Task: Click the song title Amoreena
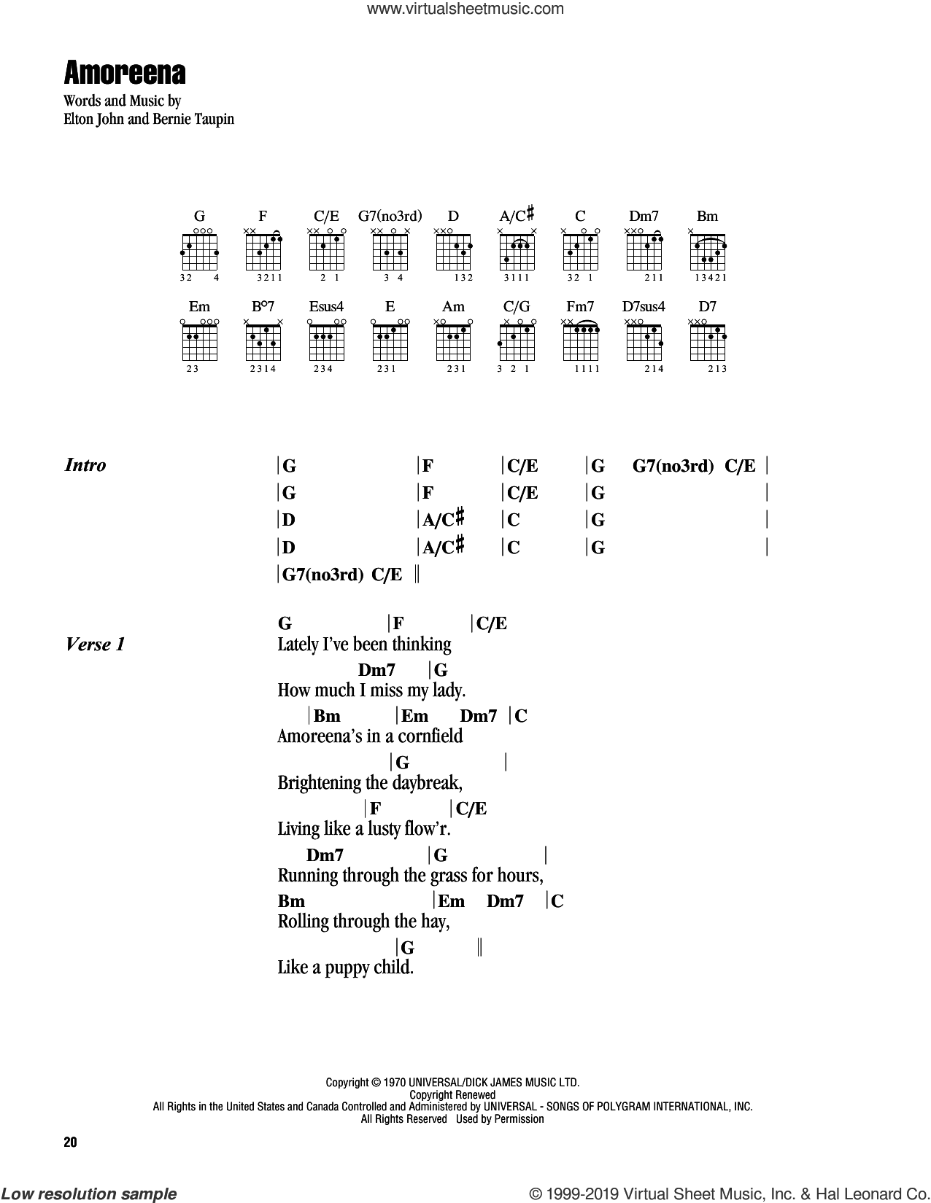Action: (x=125, y=73)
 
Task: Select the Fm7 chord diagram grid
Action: (x=581, y=341)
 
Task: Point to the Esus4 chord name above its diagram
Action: (x=326, y=306)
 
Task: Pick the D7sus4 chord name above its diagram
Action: (x=644, y=306)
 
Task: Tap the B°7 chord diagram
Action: (x=263, y=341)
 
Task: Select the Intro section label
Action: (x=85, y=465)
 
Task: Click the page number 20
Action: (x=70, y=1142)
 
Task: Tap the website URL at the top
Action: (x=465, y=9)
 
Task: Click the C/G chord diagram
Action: (x=517, y=341)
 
